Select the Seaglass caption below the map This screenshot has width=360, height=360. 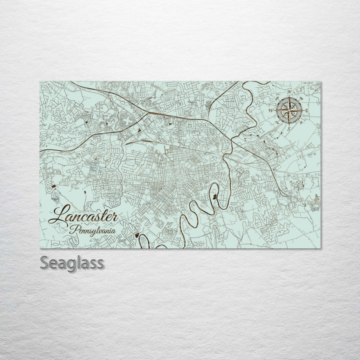pos(72,263)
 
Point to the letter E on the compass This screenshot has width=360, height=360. pos(307,110)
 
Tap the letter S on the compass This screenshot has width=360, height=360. pos(288,128)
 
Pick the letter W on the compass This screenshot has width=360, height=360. pos(270,110)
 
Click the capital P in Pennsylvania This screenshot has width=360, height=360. pos(73,229)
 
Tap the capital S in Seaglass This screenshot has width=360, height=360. pos(44,262)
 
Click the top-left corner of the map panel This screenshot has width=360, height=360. pos(40,81)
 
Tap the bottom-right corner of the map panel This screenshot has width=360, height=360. pos(320,248)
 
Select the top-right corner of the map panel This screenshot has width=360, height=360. pos(320,81)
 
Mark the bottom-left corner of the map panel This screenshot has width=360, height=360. pos(40,248)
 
